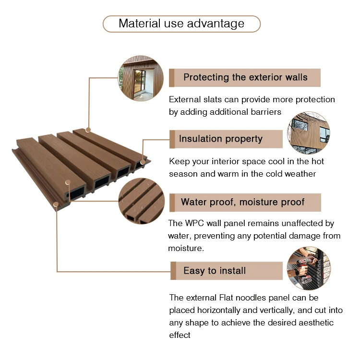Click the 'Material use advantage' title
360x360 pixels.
pyautogui.click(x=181, y=24)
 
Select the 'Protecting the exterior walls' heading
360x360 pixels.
pyautogui.click(x=245, y=77)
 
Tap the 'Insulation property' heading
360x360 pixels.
pyautogui.click(x=221, y=139)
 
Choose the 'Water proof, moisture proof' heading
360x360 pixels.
pyautogui.click(x=242, y=202)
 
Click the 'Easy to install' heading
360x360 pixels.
pyautogui.click(x=215, y=271)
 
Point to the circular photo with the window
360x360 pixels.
pyautogui.click(x=141, y=78)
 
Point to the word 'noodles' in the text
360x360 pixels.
pyautogui.click(x=258, y=298)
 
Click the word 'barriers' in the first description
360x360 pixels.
pyautogui.click(x=265, y=112)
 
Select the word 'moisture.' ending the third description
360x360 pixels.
pyautogui.click(x=186, y=249)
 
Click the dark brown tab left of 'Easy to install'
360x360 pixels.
pyautogui.click(x=173, y=271)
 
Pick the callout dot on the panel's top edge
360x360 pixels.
pyautogui.click(x=88, y=130)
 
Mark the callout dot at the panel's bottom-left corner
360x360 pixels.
pyautogui.click(x=56, y=204)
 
